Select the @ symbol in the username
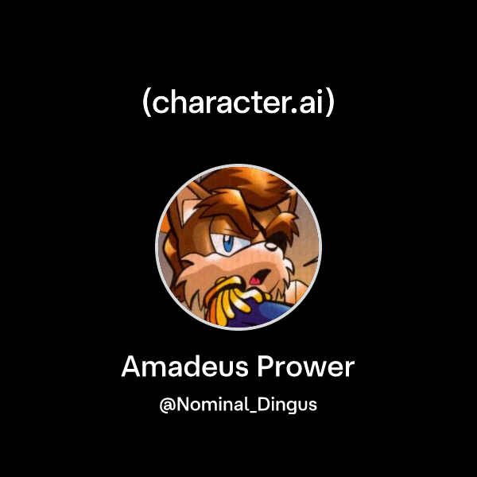(x=168, y=405)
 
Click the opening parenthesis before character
(x=148, y=104)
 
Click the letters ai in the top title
(x=311, y=104)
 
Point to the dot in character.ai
(x=294, y=112)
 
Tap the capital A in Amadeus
(x=131, y=367)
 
